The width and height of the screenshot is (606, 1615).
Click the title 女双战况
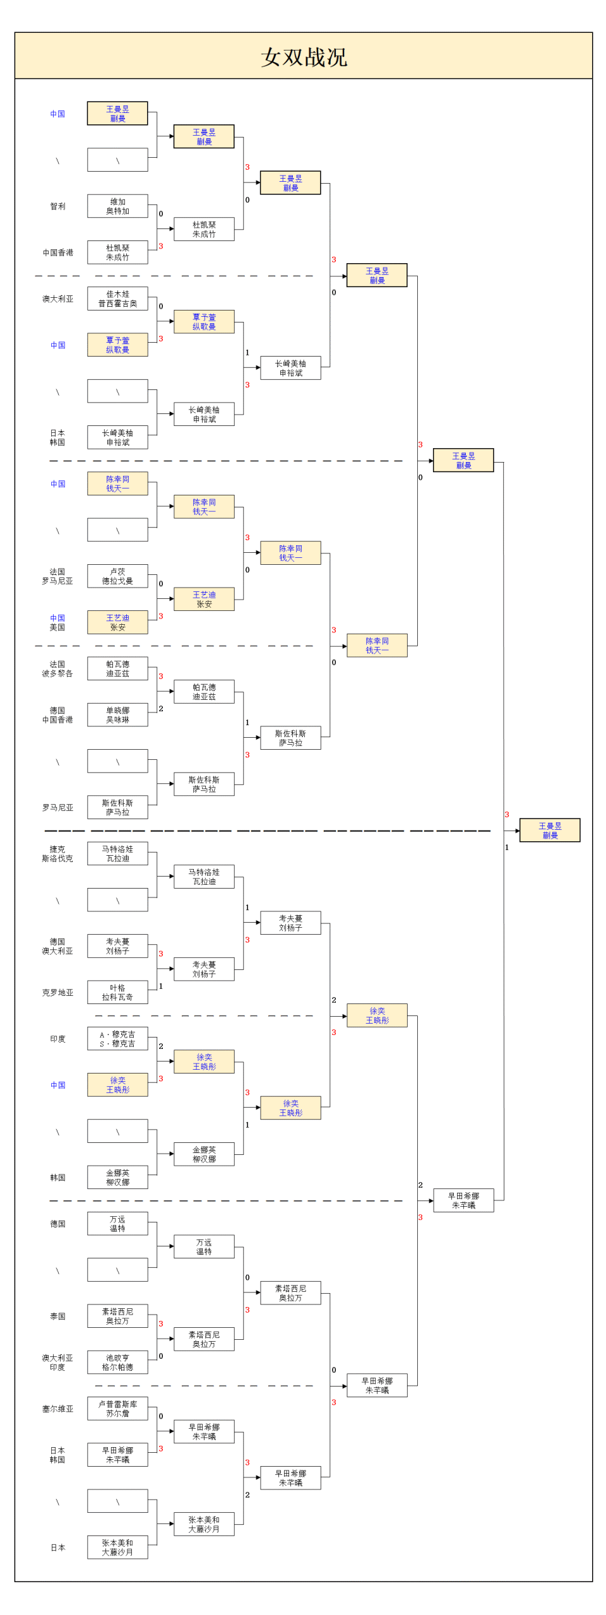[304, 57]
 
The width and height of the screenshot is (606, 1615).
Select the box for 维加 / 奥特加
[117, 206]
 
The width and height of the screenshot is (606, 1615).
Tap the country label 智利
[57, 206]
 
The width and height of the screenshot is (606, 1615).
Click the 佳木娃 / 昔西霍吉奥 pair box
[117, 299]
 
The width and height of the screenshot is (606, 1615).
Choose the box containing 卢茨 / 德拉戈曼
[117, 576]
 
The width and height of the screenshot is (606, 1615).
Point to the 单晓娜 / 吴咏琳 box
[117, 715]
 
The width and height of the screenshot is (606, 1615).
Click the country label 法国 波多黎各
[57, 669]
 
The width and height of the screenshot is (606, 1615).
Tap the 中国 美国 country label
[57, 622]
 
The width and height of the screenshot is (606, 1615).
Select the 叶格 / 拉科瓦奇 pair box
[117, 992]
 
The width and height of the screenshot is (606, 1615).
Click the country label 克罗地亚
[57, 992]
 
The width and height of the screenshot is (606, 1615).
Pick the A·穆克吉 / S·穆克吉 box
[117, 1039]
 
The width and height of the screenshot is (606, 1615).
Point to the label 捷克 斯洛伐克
[57, 854]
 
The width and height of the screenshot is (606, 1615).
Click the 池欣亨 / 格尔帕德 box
[117, 1362]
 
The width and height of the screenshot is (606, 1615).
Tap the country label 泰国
[57, 1316]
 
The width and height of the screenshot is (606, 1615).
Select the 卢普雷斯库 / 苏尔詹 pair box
[117, 1409]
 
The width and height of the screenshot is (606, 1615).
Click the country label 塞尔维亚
[57, 1409]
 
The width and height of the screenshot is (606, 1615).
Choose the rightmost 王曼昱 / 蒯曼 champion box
[549, 831]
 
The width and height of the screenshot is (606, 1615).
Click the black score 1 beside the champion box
[507, 848]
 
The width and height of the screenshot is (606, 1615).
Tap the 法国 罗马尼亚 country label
[57, 576]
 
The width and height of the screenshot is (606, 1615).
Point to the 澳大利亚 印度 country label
[57, 1362]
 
